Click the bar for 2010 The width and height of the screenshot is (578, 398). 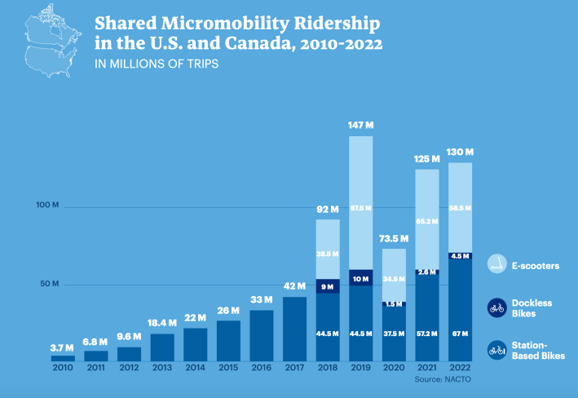pos(63,358)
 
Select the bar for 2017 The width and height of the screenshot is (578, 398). pos(294,329)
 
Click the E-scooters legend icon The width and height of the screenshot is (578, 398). pos(497,264)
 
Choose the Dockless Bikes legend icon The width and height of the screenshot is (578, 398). pos(497,307)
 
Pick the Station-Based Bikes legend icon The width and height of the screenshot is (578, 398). pos(497,351)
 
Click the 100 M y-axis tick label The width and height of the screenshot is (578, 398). pos(48,205)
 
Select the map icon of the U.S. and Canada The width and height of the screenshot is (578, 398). pos(51,41)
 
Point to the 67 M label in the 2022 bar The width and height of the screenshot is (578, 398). pos(461,334)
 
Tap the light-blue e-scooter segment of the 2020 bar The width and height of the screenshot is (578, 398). pos(394,273)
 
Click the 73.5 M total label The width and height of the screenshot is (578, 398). pos(394,239)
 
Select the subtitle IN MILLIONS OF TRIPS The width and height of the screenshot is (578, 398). pos(157,64)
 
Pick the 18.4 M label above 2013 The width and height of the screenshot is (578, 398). pos(162,324)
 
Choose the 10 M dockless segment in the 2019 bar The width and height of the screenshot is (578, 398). pos(361,278)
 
